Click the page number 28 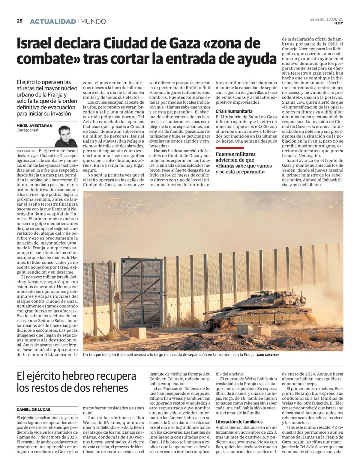click(x=20, y=21)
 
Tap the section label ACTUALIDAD click(x=53, y=22)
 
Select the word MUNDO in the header click(x=93, y=22)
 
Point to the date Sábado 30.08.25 click(x=326, y=19)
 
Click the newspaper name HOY click(x=339, y=23)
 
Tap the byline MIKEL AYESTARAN click(x=34, y=126)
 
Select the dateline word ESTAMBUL click(x=27, y=151)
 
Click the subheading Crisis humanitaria click(x=234, y=111)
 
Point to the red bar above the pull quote click(x=229, y=148)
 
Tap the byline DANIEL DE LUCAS click(x=33, y=409)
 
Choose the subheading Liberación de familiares click(x=239, y=422)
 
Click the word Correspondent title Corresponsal click(x=27, y=130)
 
